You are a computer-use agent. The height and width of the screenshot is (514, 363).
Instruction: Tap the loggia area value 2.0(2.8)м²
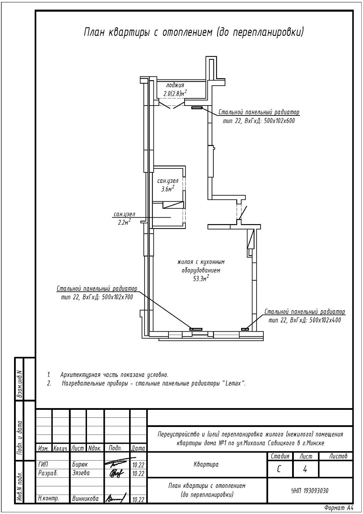[175, 93]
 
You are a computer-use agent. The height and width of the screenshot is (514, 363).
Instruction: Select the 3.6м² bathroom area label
[167, 188]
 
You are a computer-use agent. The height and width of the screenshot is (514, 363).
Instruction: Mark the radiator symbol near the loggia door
[197, 108]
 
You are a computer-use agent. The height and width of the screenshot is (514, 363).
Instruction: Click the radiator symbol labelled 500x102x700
[196, 329]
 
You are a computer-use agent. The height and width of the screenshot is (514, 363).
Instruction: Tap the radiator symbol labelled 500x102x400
[245, 329]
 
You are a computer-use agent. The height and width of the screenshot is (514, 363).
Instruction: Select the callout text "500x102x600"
[279, 121]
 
